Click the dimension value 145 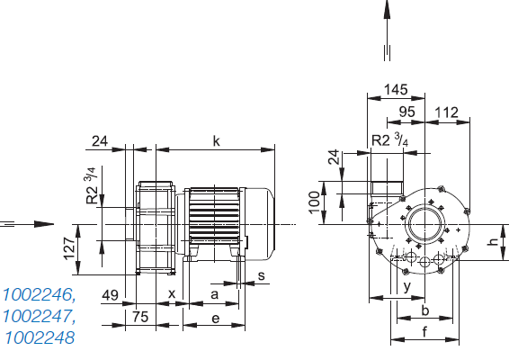pos(396,90)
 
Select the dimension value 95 pos(406,112)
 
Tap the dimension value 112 pos(447,112)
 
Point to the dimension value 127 pos(70,248)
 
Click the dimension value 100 pos(314,202)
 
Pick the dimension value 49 pos(110,295)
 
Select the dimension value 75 pos(140,317)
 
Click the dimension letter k pos(216,141)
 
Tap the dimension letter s pos(262,275)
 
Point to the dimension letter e pos(216,319)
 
